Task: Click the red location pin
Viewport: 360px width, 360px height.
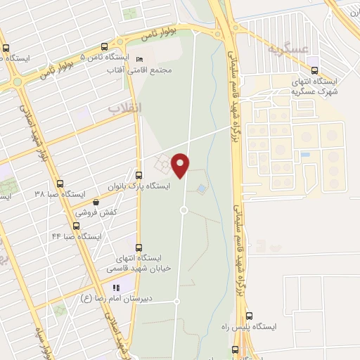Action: [181, 165]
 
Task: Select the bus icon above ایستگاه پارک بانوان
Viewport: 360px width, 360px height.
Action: [139, 174]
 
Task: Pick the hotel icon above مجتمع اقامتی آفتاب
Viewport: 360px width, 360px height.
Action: [139, 59]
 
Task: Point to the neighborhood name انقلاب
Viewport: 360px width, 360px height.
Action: [124, 108]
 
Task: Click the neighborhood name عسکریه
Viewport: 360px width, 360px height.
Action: [288, 50]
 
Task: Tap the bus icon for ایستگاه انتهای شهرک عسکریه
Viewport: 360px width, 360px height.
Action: [314, 70]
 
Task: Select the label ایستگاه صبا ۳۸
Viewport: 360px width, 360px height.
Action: [60, 193]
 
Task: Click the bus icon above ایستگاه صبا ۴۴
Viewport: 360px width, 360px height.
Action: [76, 226]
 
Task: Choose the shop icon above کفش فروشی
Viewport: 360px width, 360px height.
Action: [96, 202]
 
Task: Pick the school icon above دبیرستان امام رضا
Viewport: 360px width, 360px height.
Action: [117, 287]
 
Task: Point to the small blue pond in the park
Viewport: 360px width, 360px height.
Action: [202, 188]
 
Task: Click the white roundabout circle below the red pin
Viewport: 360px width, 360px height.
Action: [184, 210]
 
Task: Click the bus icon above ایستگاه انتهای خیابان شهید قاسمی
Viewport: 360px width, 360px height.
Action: [139, 247]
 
